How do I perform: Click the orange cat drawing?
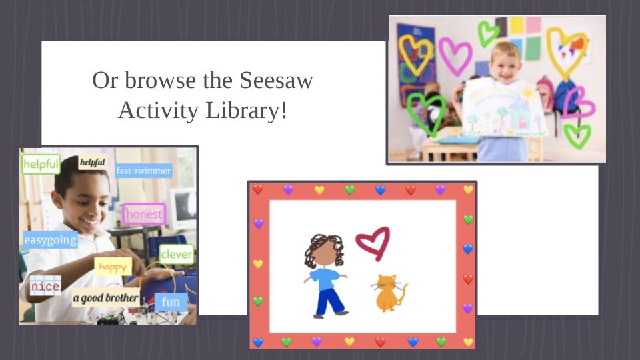(x=387, y=293)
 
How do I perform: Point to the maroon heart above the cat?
(x=373, y=243)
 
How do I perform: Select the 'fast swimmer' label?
(x=143, y=171)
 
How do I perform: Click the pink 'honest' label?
(x=144, y=214)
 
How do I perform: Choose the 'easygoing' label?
(x=50, y=240)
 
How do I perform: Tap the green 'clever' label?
(x=176, y=254)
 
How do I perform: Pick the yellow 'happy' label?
(x=113, y=267)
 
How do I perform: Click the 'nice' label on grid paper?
(x=45, y=286)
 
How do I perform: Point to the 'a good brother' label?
(x=105, y=298)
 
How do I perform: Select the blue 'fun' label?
(x=171, y=302)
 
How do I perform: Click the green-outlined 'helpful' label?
(x=41, y=165)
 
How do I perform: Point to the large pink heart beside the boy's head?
(x=455, y=56)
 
